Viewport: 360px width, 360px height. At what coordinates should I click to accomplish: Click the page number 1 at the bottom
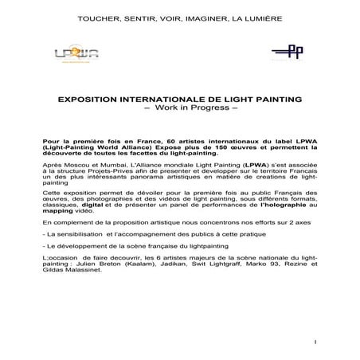316,342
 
